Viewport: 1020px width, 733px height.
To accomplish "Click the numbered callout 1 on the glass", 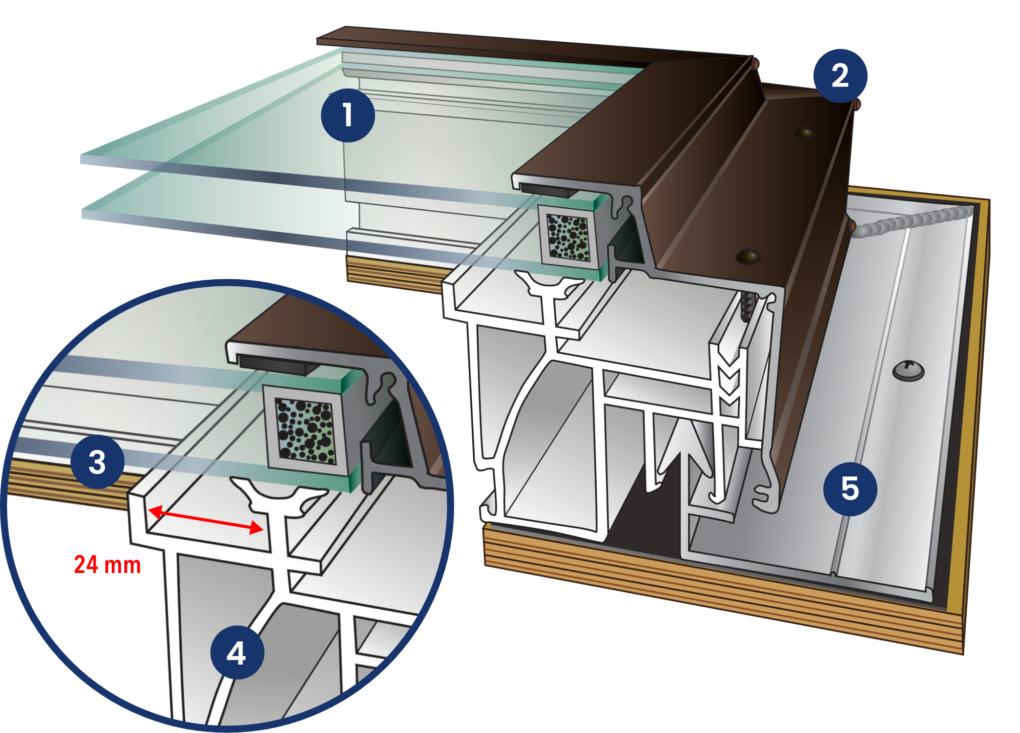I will point(347,115).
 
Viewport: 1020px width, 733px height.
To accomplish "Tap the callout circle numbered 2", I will point(840,76).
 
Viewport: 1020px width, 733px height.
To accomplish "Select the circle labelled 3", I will point(97,462).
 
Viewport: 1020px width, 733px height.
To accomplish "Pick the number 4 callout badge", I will point(237,653).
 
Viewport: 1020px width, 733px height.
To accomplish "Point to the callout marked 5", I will point(850,488).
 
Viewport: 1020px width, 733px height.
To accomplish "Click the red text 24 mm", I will point(107,565).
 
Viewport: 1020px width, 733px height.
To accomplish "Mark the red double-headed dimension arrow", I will point(205,520).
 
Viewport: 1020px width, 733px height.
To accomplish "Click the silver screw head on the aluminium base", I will point(908,371).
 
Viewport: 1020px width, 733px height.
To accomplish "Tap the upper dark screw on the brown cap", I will point(804,133).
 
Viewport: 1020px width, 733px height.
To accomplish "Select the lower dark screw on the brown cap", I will point(748,257).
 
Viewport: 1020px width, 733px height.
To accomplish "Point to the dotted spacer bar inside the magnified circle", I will point(305,430).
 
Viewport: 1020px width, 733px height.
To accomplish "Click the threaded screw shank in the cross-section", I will point(747,307).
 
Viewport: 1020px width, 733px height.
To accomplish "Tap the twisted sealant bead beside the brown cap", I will point(911,221).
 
